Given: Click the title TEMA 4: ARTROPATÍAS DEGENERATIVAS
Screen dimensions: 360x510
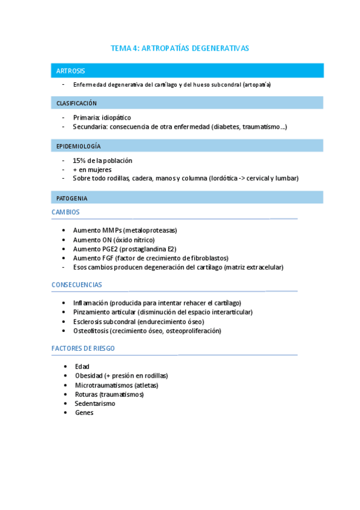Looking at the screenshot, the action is [x=180, y=48].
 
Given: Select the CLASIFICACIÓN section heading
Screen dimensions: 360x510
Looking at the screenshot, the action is [x=76, y=103].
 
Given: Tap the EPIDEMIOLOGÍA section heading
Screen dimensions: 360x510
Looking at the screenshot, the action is [x=78, y=146].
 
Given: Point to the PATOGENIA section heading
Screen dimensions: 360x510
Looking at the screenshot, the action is [x=72, y=198].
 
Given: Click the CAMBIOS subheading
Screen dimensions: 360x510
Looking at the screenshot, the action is [x=66, y=212].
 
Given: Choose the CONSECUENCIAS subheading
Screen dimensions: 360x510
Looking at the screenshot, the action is [x=76, y=284].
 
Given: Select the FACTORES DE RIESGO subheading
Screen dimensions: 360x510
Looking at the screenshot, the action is [x=83, y=348].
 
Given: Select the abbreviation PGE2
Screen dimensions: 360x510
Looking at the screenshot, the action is [x=108, y=249].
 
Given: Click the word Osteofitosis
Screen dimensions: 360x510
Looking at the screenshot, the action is [x=90, y=331].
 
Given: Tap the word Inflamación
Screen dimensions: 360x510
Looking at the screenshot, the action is [x=90, y=303].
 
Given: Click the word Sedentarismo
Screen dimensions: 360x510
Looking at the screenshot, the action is [x=95, y=404].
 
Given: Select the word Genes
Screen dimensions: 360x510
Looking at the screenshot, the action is [x=84, y=413].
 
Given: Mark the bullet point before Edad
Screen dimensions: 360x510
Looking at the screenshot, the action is [x=65, y=366].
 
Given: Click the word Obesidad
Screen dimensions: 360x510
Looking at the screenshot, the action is [x=89, y=376].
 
